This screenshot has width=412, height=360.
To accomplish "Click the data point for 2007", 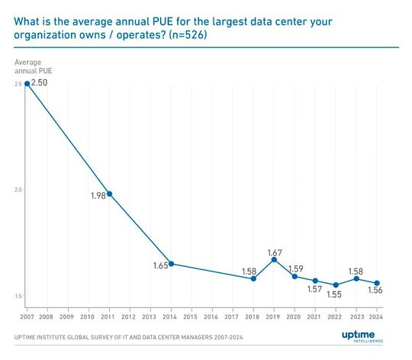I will (x=27, y=83).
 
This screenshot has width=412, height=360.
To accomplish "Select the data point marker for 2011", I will (x=109, y=194).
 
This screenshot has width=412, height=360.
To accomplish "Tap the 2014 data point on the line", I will (x=171, y=264).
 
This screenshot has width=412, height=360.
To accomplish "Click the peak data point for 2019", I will (x=274, y=259).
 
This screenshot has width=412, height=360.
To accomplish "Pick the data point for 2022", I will (x=336, y=284).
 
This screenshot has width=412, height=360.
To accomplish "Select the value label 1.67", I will (x=275, y=251).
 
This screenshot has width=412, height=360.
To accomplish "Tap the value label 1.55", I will (x=335, y=294).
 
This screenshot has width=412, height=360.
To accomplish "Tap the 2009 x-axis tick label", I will (x=67, y=316).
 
